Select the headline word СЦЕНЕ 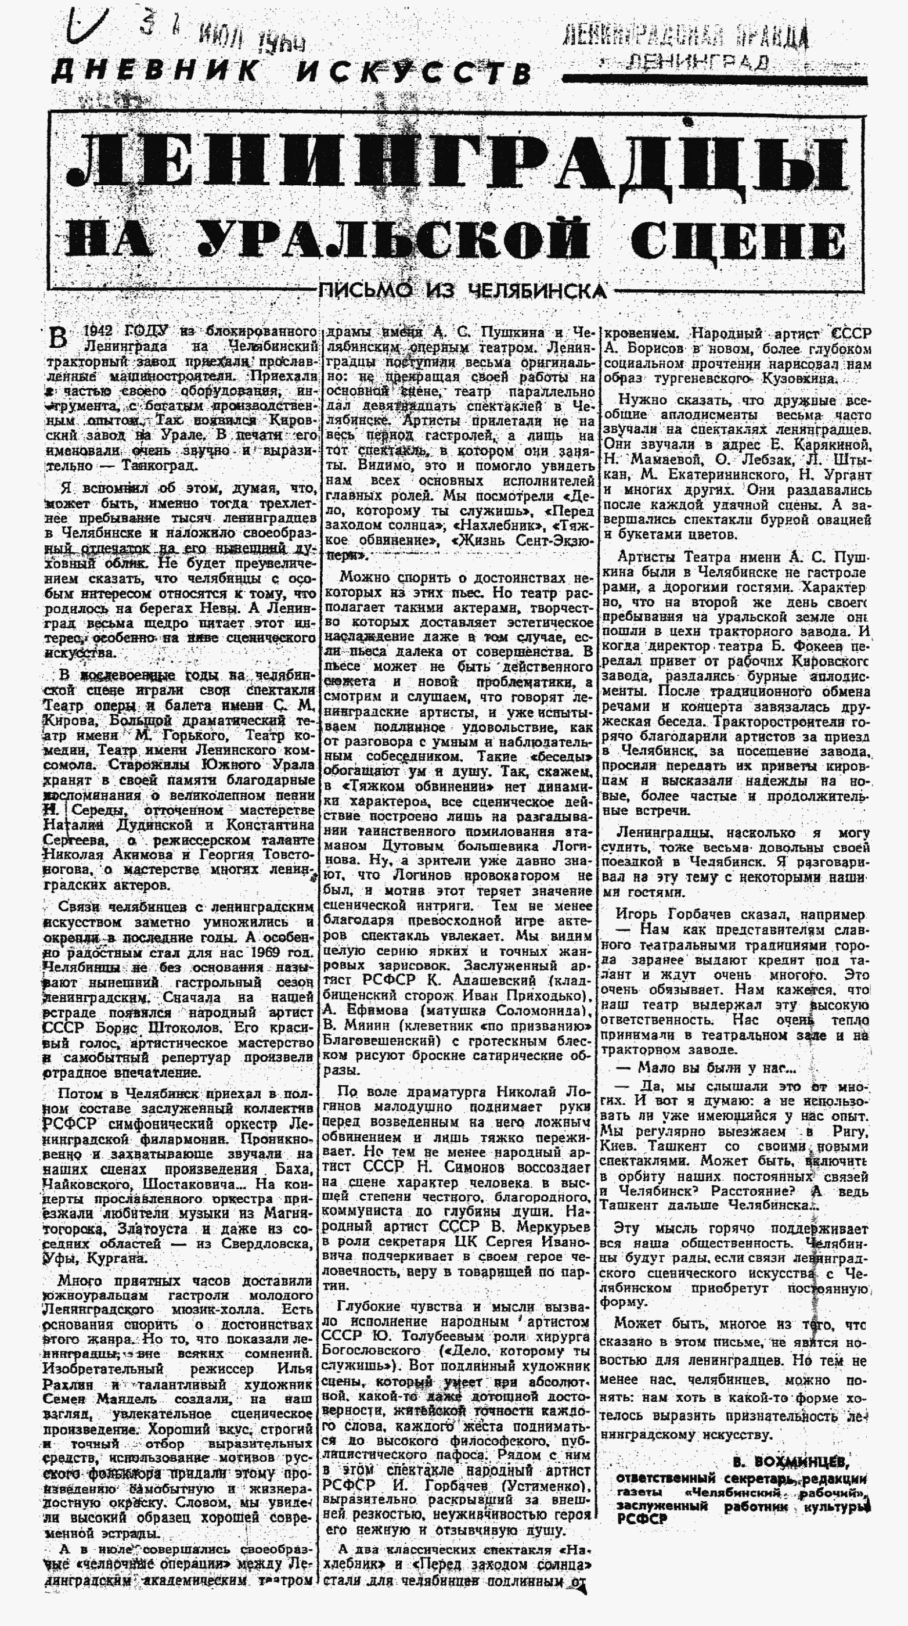point(738,242)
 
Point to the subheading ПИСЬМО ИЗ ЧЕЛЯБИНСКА point(463,291)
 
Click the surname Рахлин point(66,1384)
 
